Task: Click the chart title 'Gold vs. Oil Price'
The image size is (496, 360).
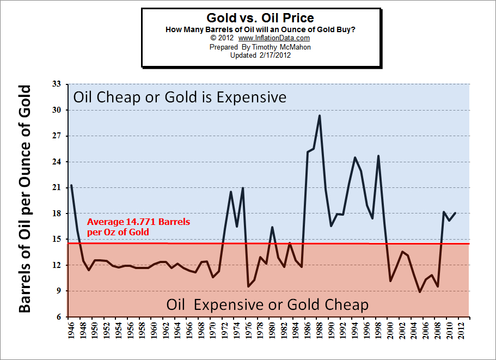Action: (260, 18)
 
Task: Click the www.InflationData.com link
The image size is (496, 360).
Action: (274, 38)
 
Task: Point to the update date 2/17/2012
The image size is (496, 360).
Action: (274, 55)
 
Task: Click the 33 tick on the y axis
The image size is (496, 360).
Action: (56, 84)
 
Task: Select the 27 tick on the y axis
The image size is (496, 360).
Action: (56, 136)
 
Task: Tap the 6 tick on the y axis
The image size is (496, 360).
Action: (58, 317)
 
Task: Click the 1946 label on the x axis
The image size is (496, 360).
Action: (71, 330)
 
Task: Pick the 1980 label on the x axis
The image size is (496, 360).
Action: (272, 330)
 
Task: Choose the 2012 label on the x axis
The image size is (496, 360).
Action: (461, 330)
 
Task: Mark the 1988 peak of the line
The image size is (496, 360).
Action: (320, 115)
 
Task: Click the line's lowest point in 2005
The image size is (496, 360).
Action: (420, 292)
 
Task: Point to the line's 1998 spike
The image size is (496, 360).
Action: (378, 156)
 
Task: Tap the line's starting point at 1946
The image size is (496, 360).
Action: (71, 185)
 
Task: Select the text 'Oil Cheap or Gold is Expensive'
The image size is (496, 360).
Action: (180, 97)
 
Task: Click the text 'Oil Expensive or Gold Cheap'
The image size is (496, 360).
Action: (267, 304)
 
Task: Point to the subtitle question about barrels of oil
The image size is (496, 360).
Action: (260, 29)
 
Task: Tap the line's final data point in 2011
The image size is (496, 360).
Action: (455, 213)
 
